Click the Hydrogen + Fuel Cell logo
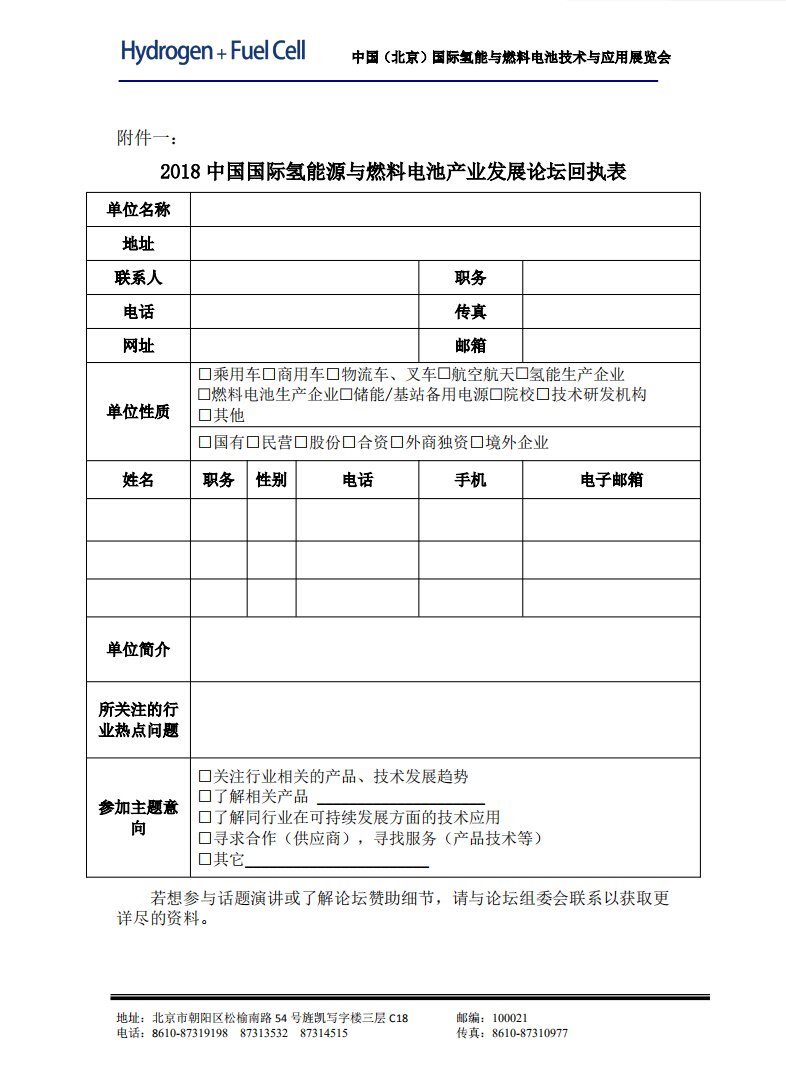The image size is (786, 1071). [213, 51]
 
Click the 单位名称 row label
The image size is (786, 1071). [138, 209]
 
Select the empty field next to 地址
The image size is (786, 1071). [445, 243]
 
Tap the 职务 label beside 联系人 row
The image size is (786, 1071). [470, 278]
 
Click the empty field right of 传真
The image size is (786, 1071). [611, 312]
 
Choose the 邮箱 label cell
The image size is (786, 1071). [470, 346]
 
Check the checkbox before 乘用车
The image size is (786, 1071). [205, 375]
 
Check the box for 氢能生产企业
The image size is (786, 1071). [521, 375]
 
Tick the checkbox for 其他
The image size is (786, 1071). [205, 415]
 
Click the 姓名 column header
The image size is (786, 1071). [138, 480]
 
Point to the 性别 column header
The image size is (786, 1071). [271, 480]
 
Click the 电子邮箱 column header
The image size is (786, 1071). [611, 480]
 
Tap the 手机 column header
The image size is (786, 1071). [470, 480]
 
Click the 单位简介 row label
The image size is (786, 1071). [138, 650]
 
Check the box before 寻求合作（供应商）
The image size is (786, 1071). [205, 838]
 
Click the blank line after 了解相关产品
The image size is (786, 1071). [400, 798]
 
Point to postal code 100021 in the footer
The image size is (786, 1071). [510, 1018]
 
